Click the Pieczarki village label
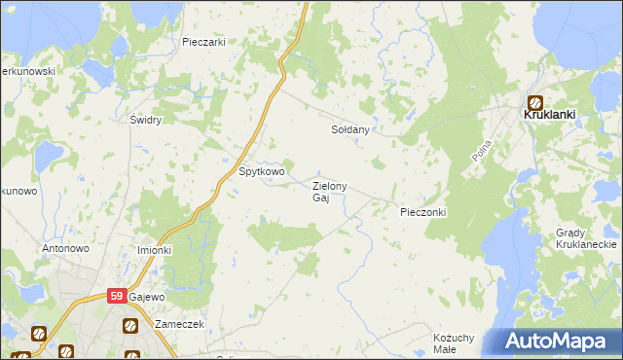(203, 42)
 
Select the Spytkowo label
(262, 172)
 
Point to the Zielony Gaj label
(327, 192)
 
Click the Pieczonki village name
(422, 211)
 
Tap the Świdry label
(145, 120)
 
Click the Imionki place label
(154, 250)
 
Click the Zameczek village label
(178, 324)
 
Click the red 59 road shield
(117, 297)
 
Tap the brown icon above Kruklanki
(536, 100)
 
